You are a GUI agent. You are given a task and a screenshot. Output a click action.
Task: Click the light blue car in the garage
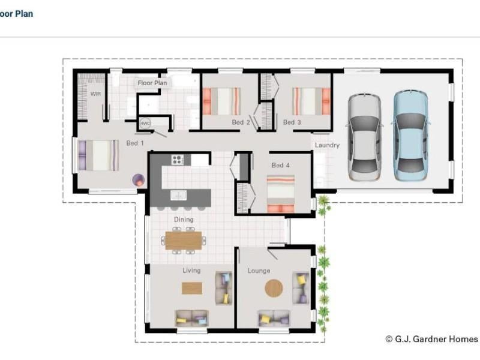(x=410, y=136)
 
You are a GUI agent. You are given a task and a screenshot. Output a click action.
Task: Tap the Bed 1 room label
(x=135, y=143)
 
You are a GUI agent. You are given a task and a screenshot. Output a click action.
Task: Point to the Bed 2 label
(x=241, y=122)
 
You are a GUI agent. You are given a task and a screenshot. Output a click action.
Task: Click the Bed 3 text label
(x=292, y=122)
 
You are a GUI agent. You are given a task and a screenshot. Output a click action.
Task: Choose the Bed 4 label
(x=281, y=166)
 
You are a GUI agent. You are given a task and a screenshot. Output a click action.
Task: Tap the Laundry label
(x=327, y=145)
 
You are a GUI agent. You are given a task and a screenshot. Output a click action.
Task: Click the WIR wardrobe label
(x=95, y=94)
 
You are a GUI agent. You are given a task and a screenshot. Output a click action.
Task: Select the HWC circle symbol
(x=145, y=124)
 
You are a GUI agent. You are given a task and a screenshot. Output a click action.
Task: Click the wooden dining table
(x=184, y=241)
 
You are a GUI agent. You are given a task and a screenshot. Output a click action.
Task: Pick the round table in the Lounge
(x=274, y=288)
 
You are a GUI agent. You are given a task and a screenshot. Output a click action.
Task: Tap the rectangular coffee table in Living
(x=192, y=288)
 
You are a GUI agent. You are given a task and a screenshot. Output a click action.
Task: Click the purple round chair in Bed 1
(x=139, y=181)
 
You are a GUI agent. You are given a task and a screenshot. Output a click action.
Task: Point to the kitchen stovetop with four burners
(x=178, y=160)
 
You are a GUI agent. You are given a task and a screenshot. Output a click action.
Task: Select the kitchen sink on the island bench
(x=178, y=195)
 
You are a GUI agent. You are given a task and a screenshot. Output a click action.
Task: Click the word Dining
(x=184, y=220)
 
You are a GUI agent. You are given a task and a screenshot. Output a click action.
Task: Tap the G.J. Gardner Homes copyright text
(x=431, y=339)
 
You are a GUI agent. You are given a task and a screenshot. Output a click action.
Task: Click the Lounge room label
(x=259, y=271)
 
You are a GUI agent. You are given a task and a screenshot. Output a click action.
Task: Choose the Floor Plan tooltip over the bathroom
(x=152, y=83)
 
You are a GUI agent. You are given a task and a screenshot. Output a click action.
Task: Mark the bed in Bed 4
(x=281, y=194)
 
